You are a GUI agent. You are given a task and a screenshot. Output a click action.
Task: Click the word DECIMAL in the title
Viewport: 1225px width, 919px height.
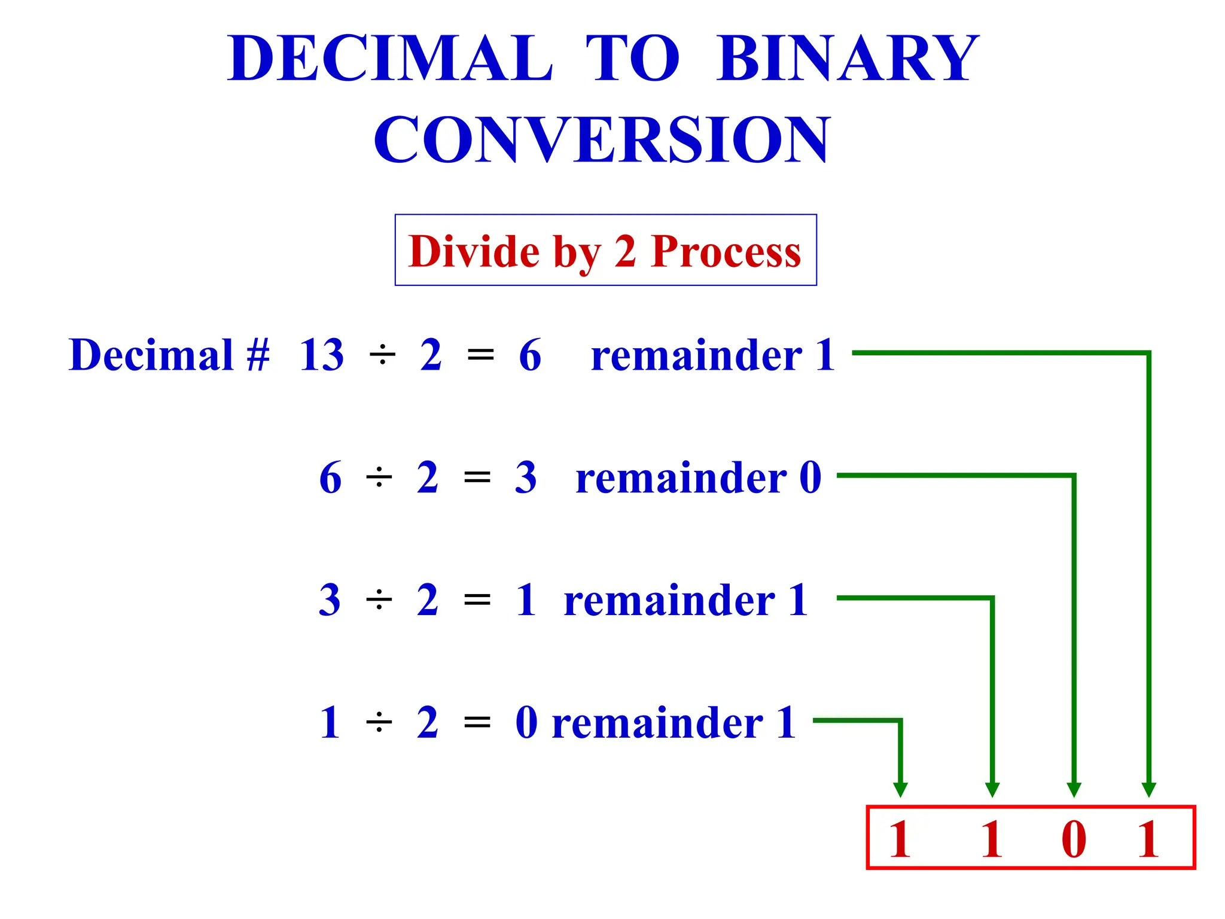[390, 59]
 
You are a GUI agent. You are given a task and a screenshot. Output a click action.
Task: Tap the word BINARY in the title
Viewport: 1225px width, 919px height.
[848, 59]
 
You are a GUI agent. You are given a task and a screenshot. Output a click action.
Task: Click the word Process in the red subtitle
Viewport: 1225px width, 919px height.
[726, 251]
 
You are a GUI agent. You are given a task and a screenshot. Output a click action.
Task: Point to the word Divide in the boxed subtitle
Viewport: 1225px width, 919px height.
[474, 251]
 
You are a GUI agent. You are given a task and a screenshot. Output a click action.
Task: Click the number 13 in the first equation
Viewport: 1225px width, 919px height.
[322, 355]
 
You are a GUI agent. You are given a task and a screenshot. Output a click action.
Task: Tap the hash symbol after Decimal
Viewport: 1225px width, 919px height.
[258, 355]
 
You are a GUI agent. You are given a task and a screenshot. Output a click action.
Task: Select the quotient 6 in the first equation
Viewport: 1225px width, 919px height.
[530, 355]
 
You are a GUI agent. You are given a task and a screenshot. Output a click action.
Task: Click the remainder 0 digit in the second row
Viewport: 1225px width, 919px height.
[810, 478]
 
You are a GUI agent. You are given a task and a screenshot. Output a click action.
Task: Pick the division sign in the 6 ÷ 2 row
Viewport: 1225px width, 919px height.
[379, 478]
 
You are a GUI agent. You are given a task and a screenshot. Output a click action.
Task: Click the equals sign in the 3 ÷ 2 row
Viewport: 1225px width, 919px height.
[477, 600]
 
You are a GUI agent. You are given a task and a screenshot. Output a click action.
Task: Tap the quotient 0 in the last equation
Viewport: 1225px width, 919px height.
[526, 723]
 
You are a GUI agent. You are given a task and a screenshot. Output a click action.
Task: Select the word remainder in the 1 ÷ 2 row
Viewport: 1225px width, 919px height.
[657, 723]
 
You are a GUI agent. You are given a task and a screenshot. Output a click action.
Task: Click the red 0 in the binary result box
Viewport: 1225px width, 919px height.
[1074, 839]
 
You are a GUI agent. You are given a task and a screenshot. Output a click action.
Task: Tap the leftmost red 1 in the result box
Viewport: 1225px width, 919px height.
[900, 839]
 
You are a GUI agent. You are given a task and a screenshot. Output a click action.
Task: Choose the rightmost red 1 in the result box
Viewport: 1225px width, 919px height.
[1148, 839]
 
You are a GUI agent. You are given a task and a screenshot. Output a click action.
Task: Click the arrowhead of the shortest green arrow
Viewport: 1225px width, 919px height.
[900, 790]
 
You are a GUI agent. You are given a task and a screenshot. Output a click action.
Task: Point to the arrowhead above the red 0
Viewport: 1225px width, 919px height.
[1074, 790]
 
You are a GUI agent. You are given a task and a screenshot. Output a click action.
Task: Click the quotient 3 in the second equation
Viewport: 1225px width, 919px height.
[526, 478]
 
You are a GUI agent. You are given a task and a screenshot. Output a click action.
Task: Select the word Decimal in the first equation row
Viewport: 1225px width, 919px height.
[151, 355]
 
